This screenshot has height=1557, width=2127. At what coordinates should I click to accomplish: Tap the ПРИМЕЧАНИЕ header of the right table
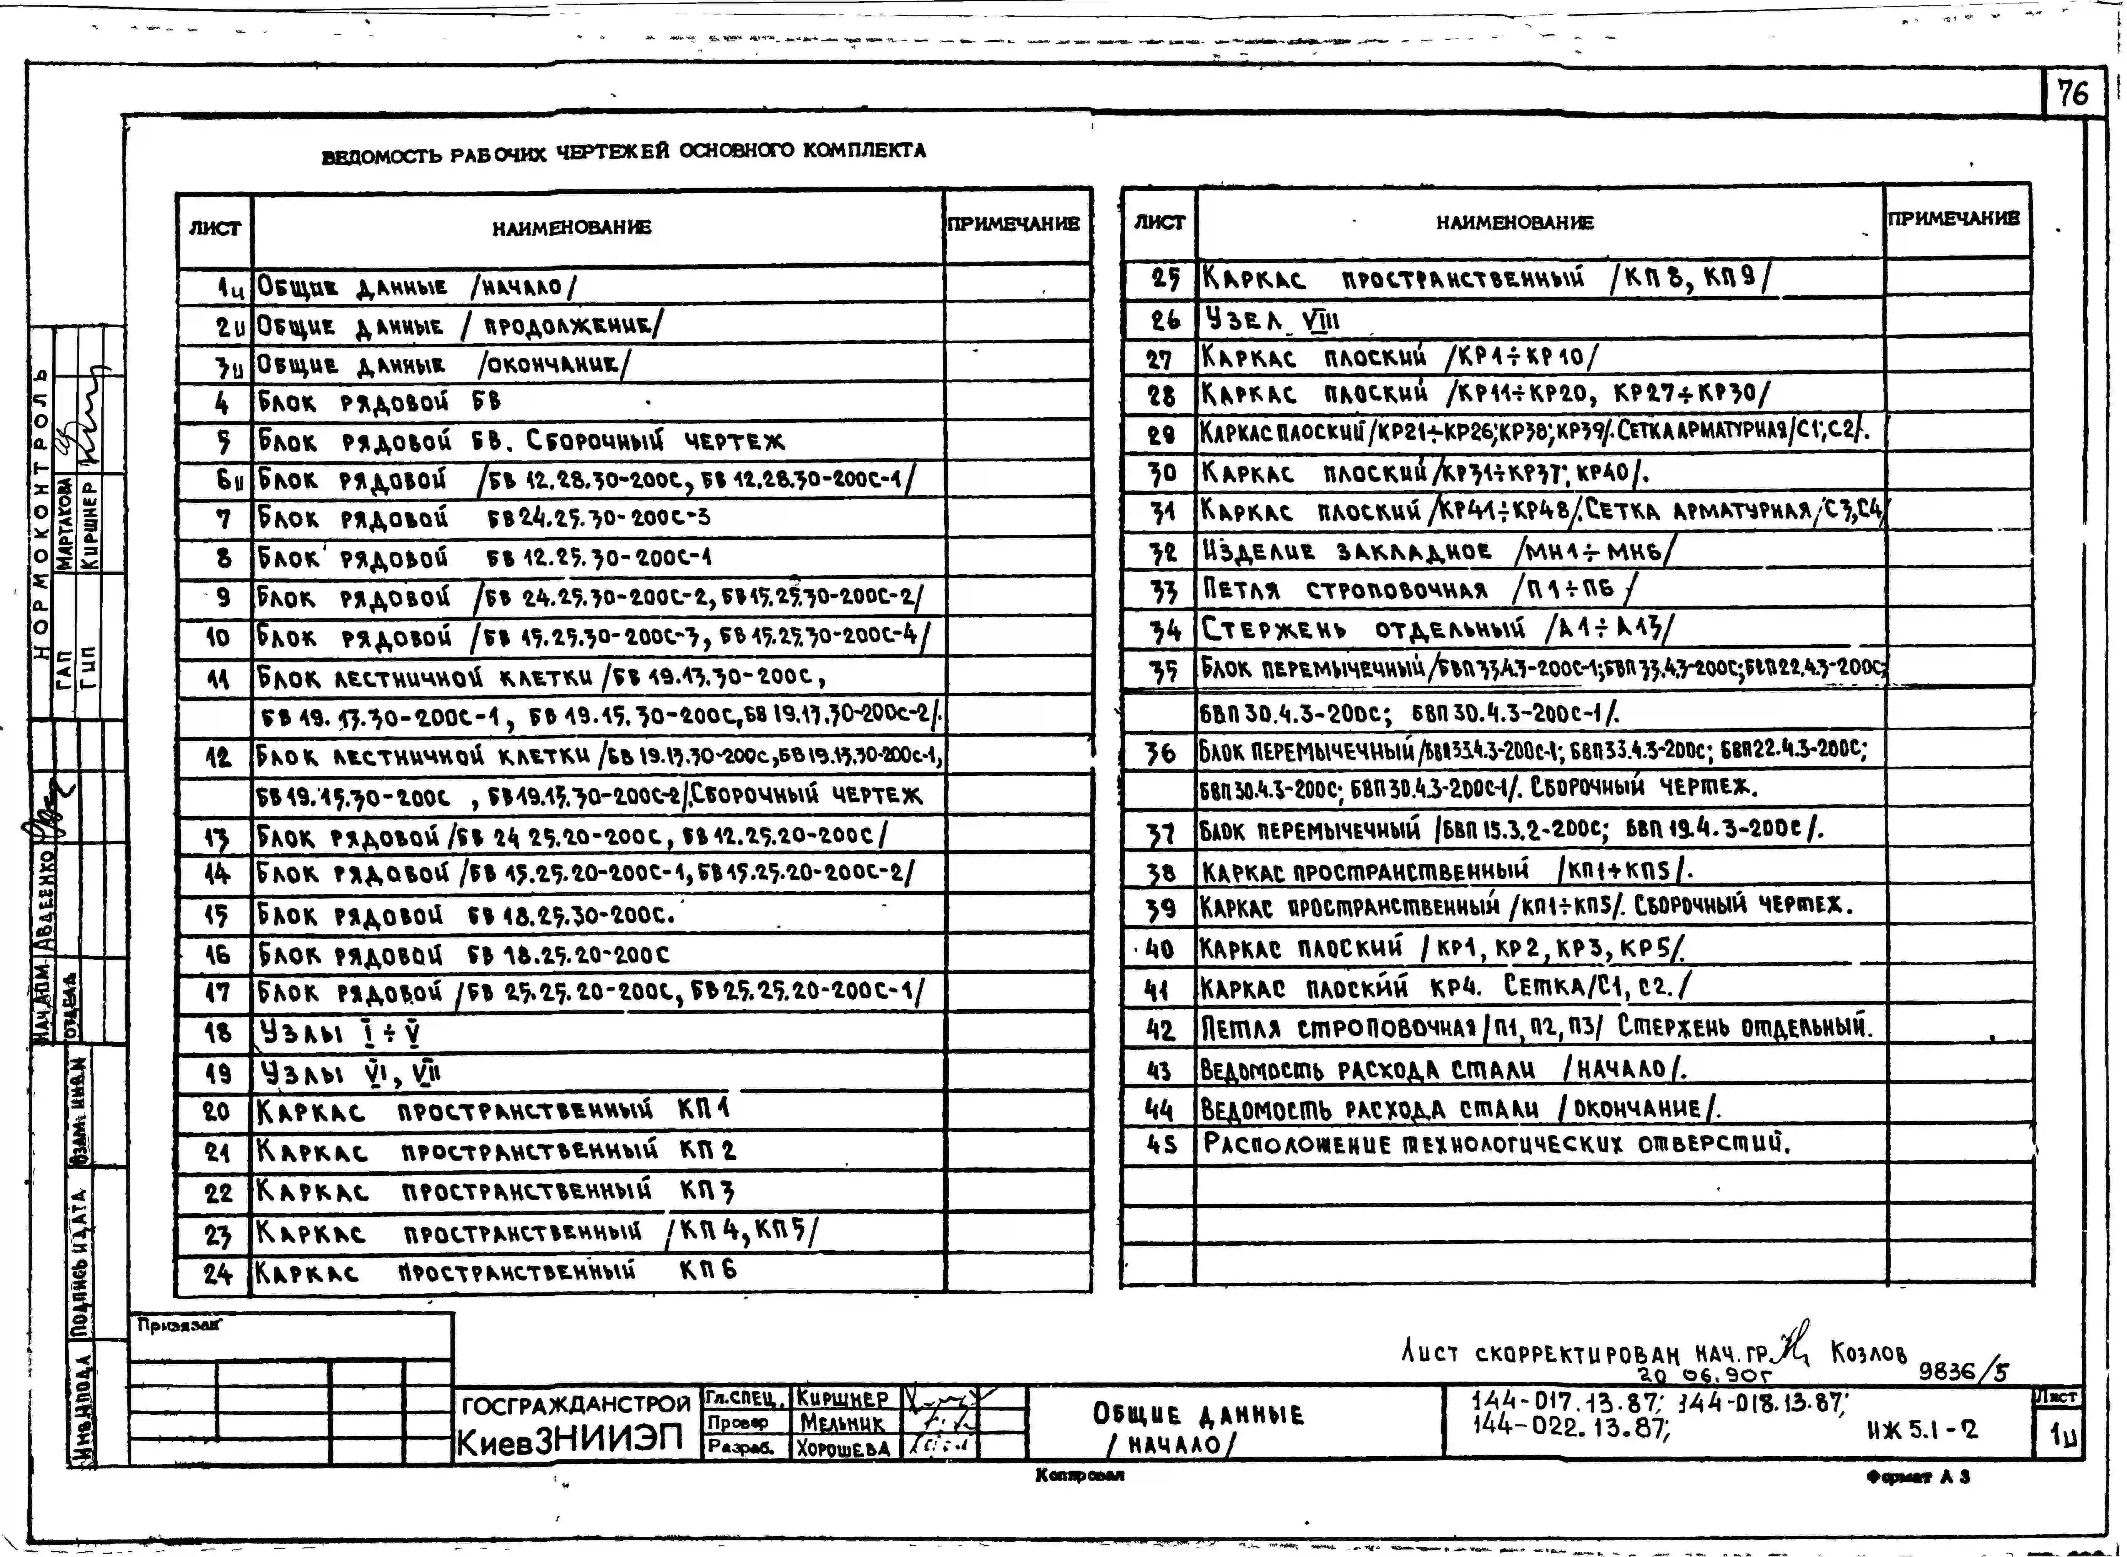[x=1954, y=218]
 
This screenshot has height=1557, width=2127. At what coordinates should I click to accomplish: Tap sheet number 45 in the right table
[x=1161, y=1145]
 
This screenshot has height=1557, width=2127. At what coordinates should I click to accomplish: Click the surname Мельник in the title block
[x=843, y=1422]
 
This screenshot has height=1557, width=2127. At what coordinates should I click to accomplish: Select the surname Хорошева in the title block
[x=843, y=1448]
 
